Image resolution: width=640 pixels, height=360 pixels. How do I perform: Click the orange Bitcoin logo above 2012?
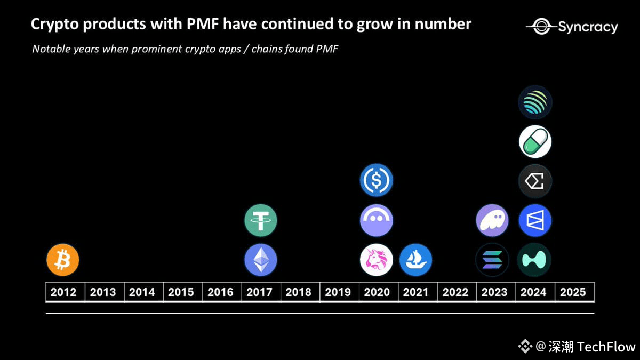tap(63, 260)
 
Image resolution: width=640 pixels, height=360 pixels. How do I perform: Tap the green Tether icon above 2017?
tap(261, 220)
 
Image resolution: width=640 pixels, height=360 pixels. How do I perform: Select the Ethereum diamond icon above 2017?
tap(261, 260)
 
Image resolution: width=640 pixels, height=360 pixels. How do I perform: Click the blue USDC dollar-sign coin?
tap(377, 180)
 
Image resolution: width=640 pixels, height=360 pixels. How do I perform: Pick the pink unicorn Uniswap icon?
tap(377, 260)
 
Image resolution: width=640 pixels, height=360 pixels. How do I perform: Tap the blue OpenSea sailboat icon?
tap(415, 260)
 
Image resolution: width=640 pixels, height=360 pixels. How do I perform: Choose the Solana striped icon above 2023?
tap(492, 260)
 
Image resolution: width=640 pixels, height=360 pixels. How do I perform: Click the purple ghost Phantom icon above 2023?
tap(492, 220)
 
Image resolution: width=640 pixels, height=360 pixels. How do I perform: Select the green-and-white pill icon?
tap(535, 141)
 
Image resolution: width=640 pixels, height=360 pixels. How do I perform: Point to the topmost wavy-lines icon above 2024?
tap(535, 102)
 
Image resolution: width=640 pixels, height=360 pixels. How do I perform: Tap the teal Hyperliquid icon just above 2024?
tap(534, 260)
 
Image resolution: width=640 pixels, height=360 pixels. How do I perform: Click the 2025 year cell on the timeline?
tap(573, 292)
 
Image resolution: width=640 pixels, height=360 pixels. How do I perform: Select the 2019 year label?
tap(338, 292)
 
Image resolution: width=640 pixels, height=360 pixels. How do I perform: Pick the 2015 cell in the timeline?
tap(181, 292)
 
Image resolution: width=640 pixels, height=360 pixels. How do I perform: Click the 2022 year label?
tap(455, 292)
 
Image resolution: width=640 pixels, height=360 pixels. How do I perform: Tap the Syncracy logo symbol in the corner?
tap(540, 26)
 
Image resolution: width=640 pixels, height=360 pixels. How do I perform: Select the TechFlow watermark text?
tap(606, 347)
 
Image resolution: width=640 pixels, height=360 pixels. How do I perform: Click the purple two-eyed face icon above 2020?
tap(377, 220)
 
